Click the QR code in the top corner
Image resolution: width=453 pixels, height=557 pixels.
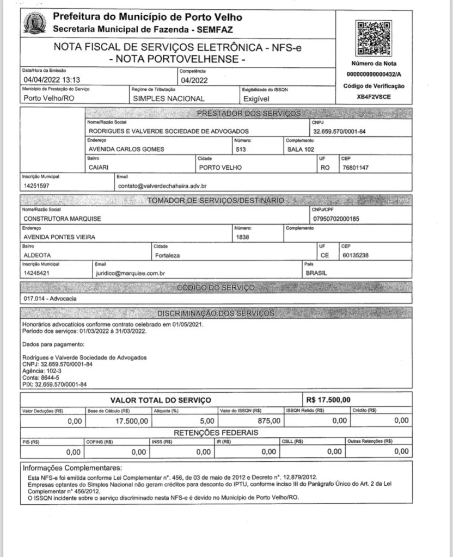pos(373,38)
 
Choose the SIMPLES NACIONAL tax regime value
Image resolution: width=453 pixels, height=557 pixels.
pos(169,99)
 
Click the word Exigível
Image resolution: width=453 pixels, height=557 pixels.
pos(257,99)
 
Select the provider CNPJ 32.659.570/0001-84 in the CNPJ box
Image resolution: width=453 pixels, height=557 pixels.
pos(339,131)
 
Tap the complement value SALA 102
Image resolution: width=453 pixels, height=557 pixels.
pos(301,149)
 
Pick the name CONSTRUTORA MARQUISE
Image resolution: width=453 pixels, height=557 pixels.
pos(63,218)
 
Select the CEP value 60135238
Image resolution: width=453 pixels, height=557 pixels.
pos(357,255)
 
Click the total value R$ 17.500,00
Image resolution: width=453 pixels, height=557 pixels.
pos(329,400)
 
